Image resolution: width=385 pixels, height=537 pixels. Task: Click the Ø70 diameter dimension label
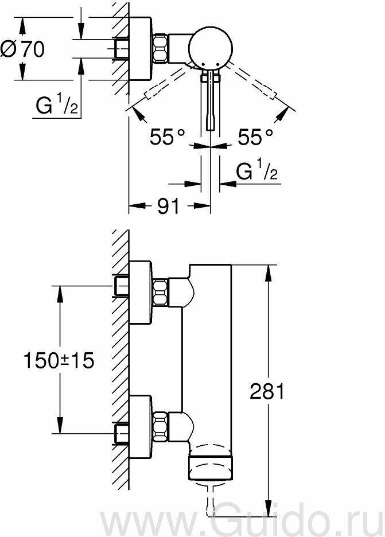pyautogui.click(x=22, y=49)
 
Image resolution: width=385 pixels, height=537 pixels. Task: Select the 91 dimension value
pyautogui.click(x=168, y=206)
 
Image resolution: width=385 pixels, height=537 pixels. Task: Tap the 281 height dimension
pyautogui.click(x=267, y=391)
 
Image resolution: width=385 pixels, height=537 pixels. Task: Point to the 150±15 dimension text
pyautogui.click(x=59, y=360)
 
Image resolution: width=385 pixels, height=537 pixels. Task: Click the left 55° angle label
pyautogui.click(x=167, y=137)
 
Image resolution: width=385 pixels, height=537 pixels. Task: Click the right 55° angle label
pyautogui.click(x=255, y=137)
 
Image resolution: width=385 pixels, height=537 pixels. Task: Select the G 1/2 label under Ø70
pyautogui.click(x=57, y=104)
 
